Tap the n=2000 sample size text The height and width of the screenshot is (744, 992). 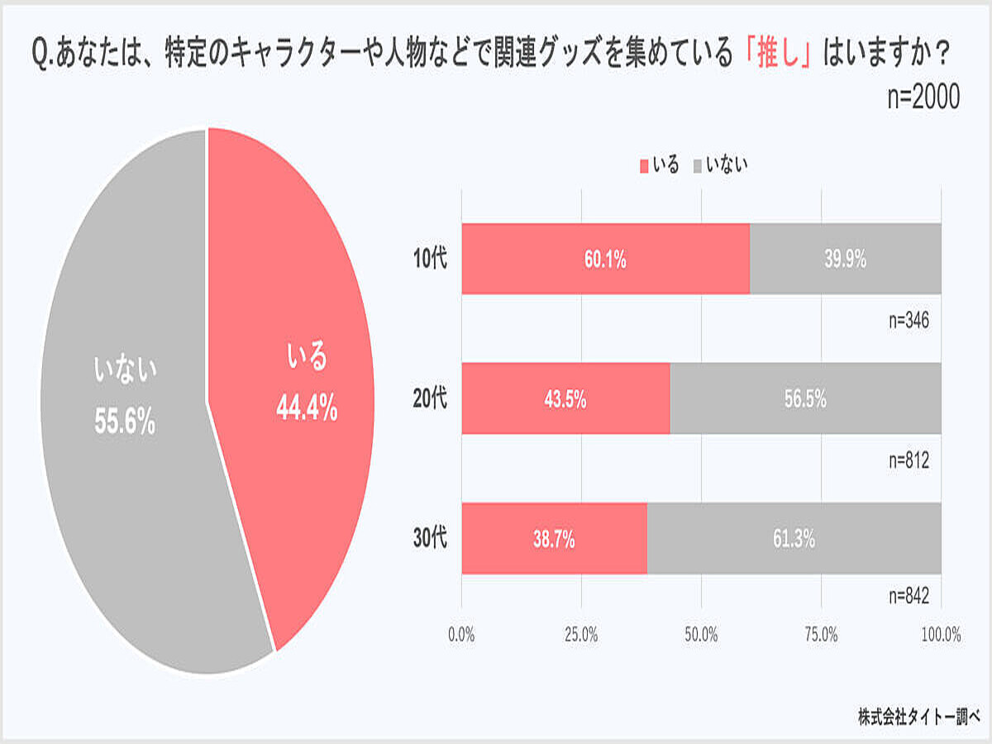923,98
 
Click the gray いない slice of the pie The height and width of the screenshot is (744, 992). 124,496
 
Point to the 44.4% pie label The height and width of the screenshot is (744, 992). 307,408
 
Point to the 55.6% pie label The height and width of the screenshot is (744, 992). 125,422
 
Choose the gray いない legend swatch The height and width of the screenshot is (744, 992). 697,166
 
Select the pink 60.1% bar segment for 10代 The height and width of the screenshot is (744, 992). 605,259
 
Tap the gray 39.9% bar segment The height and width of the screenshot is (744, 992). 845,259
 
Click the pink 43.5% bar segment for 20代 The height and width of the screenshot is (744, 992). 565,398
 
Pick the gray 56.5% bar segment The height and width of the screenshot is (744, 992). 805,398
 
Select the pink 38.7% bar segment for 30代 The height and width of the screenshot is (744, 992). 554,538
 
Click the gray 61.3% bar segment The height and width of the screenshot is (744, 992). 794,538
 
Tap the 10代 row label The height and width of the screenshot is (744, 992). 430,259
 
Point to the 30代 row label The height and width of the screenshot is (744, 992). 430,538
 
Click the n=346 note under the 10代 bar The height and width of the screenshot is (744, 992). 909,321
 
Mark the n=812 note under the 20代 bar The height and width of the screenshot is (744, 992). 909,460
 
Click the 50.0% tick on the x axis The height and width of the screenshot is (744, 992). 701,635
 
